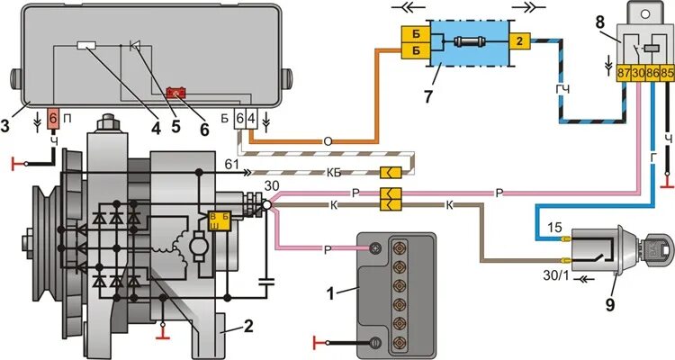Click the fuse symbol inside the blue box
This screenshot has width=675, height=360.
(469, 42)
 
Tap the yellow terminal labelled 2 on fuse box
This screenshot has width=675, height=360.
(520, 41)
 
